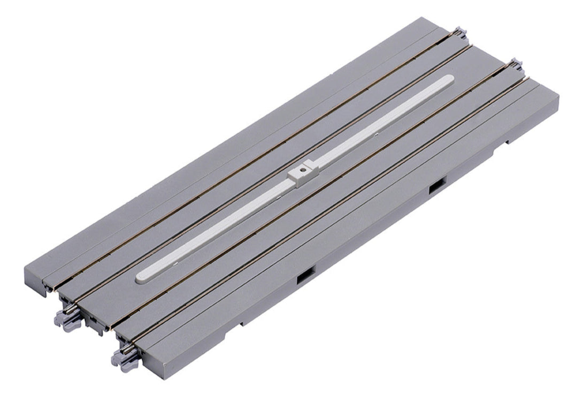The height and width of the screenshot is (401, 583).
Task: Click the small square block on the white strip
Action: [302, 175]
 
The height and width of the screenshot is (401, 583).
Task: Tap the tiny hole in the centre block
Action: [303, 171]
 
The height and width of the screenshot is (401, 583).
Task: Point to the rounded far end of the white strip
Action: [448, 80]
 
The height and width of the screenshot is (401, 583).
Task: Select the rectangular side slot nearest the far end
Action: [436, 185]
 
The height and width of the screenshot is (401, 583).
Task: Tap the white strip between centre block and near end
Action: [225, 225]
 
